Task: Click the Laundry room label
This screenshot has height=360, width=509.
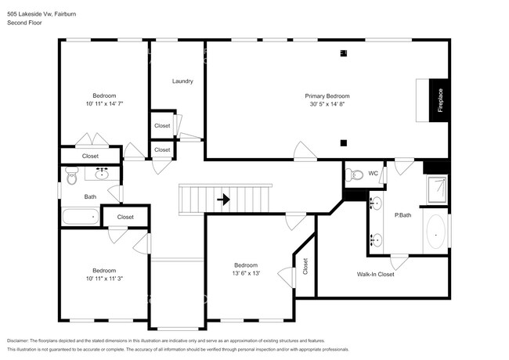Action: (x=182, y=81)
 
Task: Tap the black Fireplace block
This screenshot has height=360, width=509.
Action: (x=439, y=100)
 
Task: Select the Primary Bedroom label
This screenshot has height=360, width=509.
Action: (x=327, y=95)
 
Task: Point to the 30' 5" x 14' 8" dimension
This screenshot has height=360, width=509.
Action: (x=327, y=104)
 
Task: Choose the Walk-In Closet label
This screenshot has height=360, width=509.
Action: (x=375, y=275)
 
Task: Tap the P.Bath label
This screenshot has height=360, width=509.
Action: (x=403, y=214)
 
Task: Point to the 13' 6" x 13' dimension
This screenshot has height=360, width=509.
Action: (x=246, y=273)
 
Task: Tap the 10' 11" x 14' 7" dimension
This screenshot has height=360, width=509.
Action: (x=104, y=103)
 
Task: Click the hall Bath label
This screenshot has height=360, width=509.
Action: (x=91, y=196)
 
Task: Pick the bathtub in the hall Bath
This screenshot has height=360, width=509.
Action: (x=80, y=217)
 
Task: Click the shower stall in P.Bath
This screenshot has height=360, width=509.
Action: (x=436, y=189)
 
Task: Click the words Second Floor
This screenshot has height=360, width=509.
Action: (x=24, y=23)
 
